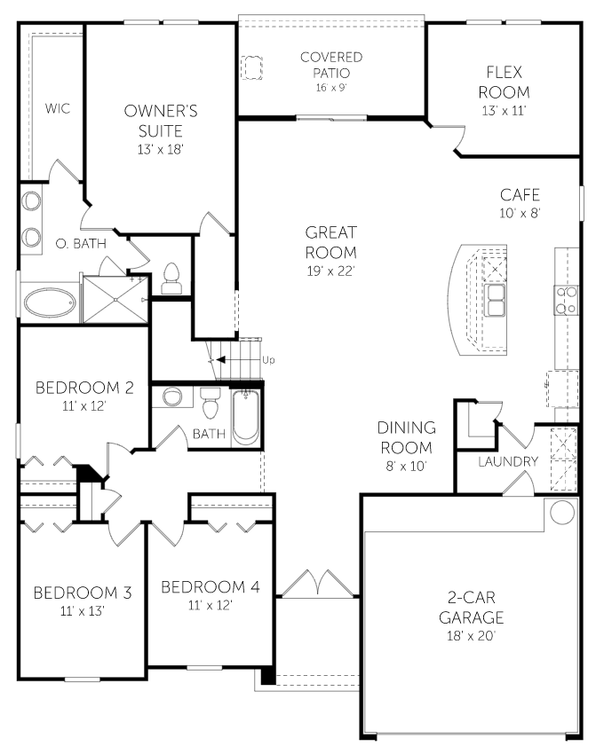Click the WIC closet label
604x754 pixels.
pos(58,109)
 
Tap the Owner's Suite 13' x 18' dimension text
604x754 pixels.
pos(161,150)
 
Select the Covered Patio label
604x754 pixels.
pos(331,65)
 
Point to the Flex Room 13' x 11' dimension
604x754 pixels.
pos(504,111)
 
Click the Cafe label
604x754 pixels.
pos(520,195)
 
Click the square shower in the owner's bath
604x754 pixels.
pos(115,299)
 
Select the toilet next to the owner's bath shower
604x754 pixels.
pos(171,279)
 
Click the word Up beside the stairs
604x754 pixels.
pos(268,359)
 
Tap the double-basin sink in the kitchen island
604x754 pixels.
pos(495,300)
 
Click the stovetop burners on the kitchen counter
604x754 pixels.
pos(566,300)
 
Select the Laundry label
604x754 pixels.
pos(508,461)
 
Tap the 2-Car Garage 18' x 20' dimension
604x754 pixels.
pos(471,636)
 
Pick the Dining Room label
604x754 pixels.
pos(407,437)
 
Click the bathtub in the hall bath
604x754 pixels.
pos(246,417)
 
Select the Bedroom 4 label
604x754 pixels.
pos(211,587)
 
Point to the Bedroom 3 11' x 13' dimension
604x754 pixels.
pos(83,611)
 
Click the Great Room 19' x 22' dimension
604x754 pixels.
pos(331,271)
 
